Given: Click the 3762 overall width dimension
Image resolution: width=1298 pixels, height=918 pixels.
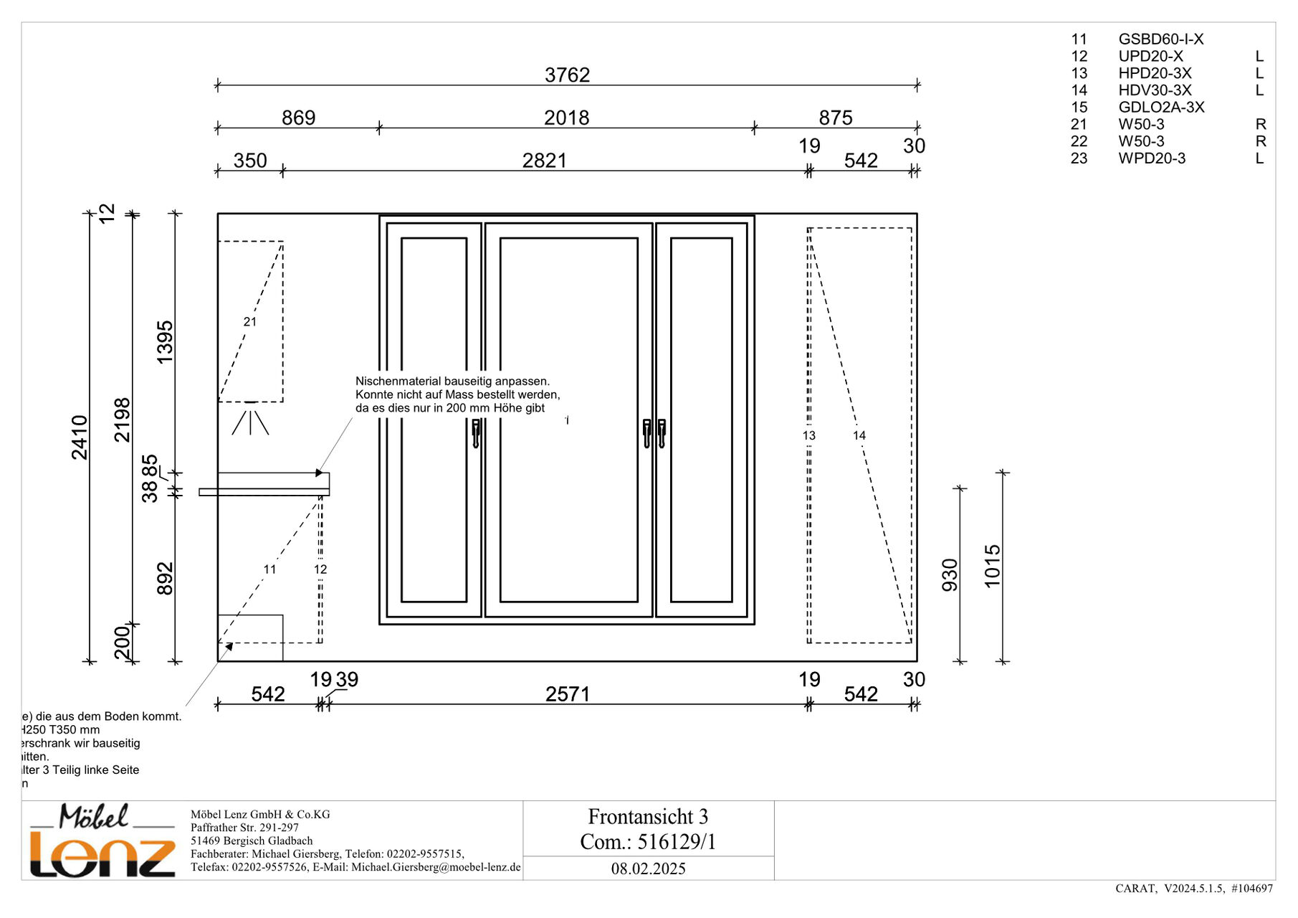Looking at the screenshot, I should [x=567, y=75].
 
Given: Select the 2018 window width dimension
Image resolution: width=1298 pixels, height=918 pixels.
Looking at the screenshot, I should [x=566, y=118].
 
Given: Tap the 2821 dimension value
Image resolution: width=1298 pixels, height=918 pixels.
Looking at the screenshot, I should [x=544, y=161].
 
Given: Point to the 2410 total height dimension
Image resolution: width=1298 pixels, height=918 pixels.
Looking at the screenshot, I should [x=80, y=437].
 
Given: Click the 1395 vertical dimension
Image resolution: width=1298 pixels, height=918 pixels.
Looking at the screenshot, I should [x=166, y=342].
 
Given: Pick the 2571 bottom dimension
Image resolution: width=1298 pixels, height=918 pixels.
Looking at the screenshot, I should [x=567, y=694].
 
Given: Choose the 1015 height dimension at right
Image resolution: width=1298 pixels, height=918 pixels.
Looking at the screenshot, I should [x=993, y=566].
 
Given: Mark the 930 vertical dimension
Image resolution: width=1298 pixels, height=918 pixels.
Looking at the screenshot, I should [x=950, y=574].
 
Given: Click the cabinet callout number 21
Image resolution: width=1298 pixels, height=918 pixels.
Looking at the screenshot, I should [x=250, y=322].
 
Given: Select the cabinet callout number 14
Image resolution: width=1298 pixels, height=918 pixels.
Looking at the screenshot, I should [x=859, y=435].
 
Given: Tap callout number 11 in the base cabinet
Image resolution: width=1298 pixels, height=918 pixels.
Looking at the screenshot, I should [x=269, y=569].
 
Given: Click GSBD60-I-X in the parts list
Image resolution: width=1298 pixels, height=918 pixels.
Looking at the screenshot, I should [x=1160, y=39].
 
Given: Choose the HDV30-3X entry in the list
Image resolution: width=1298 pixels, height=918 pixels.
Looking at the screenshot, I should [x=1155, y=90].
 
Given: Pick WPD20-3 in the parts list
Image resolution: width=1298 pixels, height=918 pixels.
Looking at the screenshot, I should [x=1152, y=158].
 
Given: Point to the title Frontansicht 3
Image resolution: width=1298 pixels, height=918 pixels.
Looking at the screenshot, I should [x=648, y=817].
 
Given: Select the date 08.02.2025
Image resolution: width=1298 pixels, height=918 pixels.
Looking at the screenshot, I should [x=648, y=869].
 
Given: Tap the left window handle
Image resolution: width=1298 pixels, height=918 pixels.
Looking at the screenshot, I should [x=476, y=433].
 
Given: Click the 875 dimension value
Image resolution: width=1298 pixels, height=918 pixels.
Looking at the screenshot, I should [x=836, y=118].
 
